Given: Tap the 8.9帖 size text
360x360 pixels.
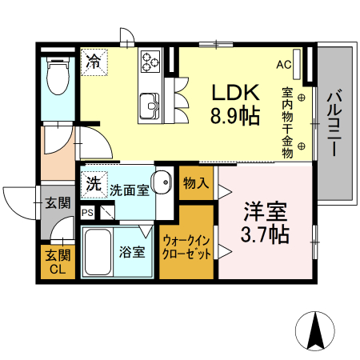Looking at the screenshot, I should coord(234,116).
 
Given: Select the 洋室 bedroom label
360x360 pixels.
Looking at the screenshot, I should coord(265,213).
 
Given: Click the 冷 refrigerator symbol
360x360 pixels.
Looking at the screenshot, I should coord(94,62).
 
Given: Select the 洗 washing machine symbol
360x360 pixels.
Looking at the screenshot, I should coord(94,183).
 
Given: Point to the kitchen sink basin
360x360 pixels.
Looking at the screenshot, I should coord(150,105).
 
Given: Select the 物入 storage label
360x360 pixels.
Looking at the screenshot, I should coord(196,183).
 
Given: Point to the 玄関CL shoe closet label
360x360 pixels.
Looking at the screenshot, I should coord(57,262).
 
